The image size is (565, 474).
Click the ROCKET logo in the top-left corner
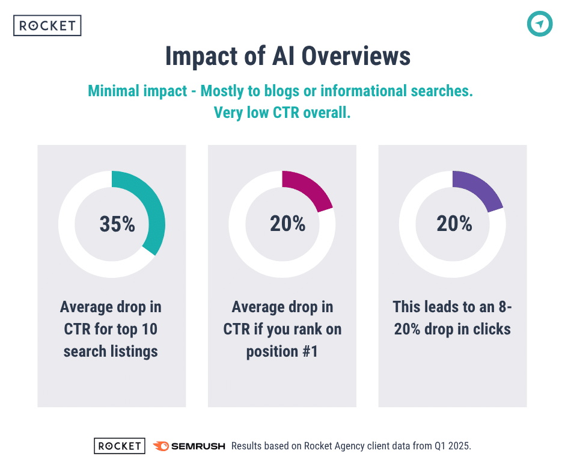coord(47,26)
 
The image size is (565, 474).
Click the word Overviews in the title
coord(356,57)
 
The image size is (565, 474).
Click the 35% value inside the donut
coord(117,224)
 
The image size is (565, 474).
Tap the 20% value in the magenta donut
coord(287,224)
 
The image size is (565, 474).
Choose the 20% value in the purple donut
coord(454,224)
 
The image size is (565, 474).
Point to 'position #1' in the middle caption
coord(282,351)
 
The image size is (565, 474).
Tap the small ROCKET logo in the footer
coord(120,446)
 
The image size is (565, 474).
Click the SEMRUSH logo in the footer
coord(189,446)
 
